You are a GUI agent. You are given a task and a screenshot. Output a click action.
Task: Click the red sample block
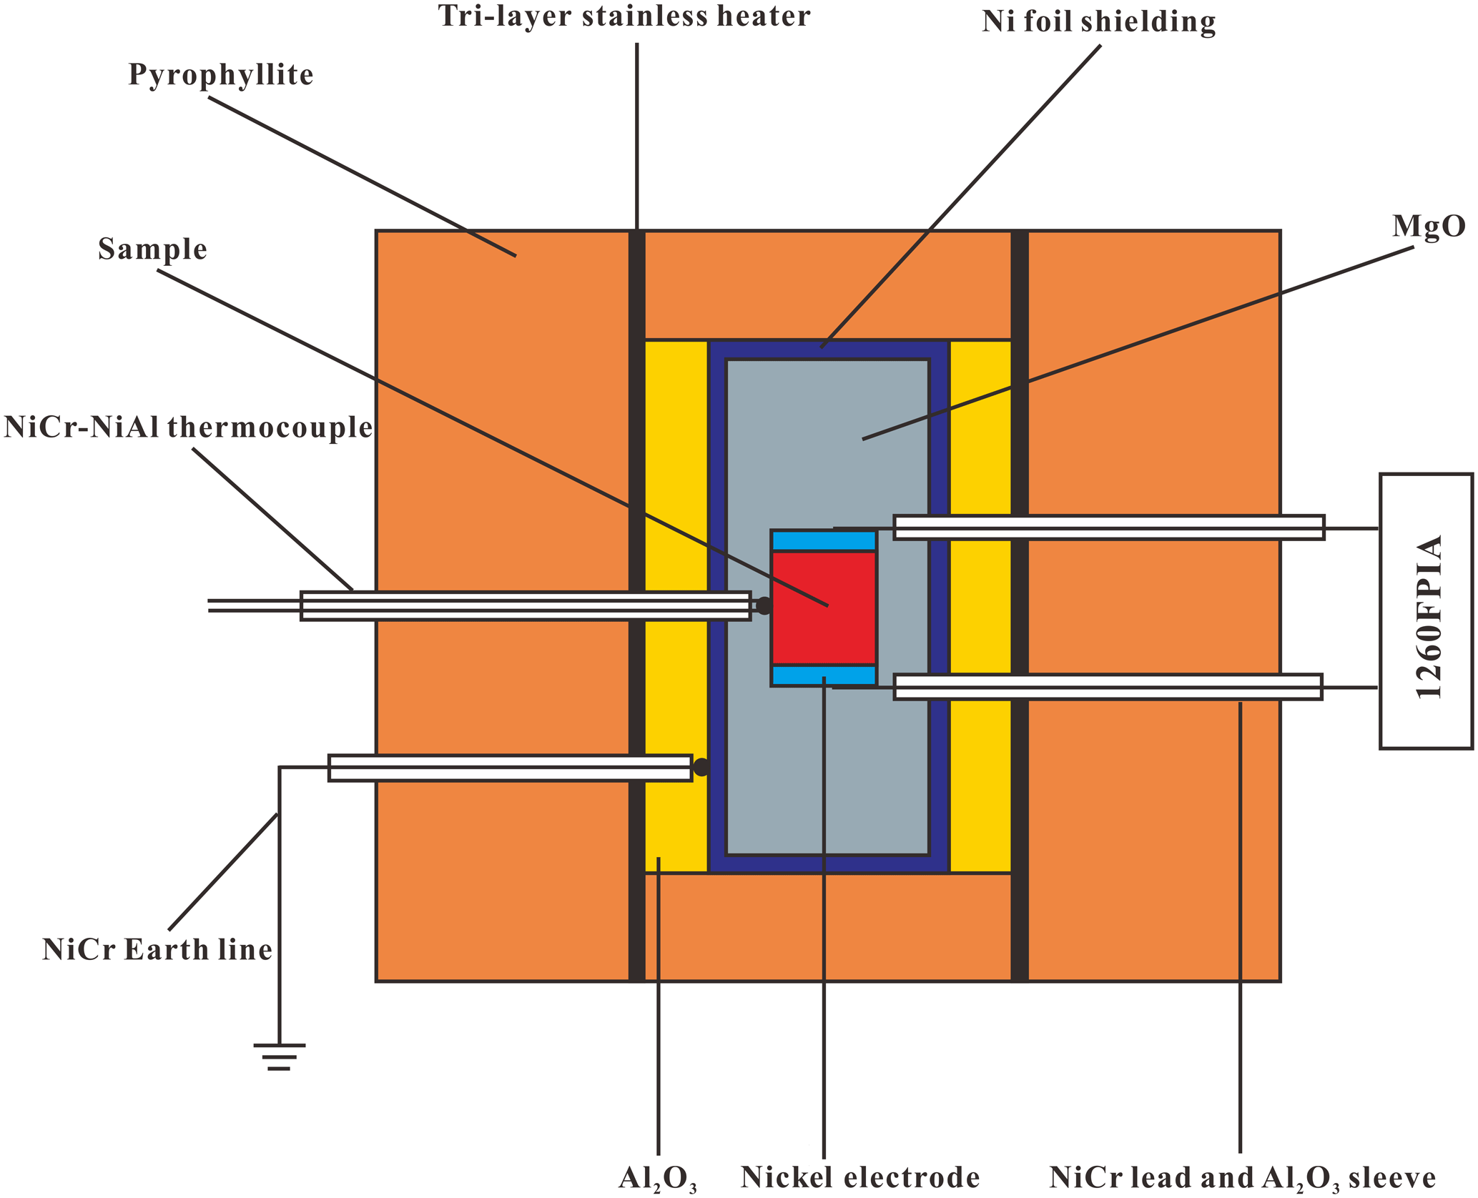point(824,608)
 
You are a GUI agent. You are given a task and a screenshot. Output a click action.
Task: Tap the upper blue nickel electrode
point(824,541)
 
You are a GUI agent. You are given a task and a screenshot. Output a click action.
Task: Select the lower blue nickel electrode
point(824,675)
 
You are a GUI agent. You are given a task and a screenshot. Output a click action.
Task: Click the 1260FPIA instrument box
point(1425,611)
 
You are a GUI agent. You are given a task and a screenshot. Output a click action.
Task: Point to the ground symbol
point(279,1056)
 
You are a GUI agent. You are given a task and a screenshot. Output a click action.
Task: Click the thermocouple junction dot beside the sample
point(764,606)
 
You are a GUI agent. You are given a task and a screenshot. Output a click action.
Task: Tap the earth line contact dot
point(701,768)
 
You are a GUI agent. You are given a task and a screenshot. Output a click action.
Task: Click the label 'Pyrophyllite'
point(221,75)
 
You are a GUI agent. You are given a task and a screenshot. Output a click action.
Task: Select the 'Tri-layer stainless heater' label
point(624,16)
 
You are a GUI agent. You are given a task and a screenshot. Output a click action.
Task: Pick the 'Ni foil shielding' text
point(1098,22)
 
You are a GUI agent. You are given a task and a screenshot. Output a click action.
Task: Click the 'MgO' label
point(1428,227)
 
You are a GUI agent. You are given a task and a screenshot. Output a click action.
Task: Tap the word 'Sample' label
point(152,249)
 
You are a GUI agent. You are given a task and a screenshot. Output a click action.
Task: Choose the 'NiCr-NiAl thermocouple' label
point(188,427)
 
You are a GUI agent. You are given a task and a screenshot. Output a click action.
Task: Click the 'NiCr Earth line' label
point(157,950)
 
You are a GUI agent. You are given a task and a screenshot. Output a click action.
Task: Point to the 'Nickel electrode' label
point(859,1177)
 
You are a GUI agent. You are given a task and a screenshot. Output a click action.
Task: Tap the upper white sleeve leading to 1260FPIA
point(1108,528)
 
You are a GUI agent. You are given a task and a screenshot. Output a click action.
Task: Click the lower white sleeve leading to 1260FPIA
point(1108,687)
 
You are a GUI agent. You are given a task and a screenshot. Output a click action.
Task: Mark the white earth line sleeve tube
point(510,768)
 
